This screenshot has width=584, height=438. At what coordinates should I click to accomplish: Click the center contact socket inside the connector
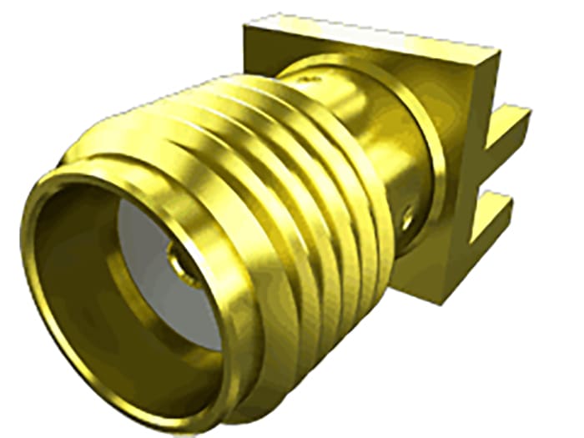click(x=182, y=259)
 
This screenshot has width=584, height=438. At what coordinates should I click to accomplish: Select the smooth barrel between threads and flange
click(x=384, y=125)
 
